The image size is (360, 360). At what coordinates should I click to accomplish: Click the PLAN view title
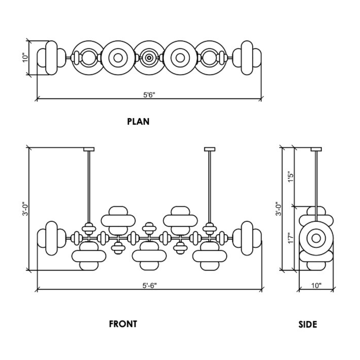point(138,122)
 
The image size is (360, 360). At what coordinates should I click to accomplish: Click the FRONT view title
point(123,324)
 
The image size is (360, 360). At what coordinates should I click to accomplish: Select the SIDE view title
point(308,324)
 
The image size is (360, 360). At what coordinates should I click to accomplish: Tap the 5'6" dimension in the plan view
point(149,95)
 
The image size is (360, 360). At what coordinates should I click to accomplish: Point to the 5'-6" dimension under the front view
point(149,285)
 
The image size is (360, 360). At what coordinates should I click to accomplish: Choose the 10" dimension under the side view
point(316,285)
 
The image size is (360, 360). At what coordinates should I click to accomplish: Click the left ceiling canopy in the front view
point(89,149)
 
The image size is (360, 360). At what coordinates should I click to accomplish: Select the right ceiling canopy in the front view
point(209,149)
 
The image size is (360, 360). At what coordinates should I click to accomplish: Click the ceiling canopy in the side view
point(316,149)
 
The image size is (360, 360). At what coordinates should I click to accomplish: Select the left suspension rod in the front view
point(89,187)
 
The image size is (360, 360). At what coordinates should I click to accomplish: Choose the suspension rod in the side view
point(316,180)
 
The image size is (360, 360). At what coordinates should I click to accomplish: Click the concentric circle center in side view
point(316,238)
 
